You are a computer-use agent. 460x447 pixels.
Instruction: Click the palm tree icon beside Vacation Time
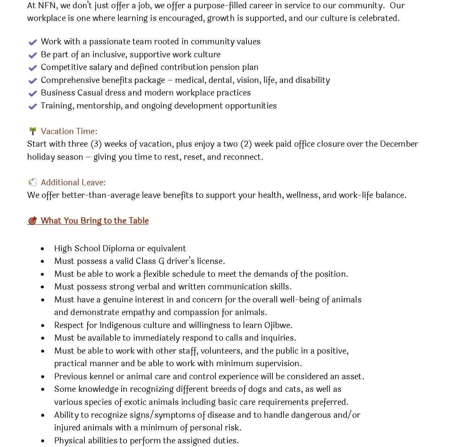tap(32, 131)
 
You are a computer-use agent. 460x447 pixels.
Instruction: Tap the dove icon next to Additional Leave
tap(32, 182)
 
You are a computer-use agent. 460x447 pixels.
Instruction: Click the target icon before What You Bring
tap(32, 221)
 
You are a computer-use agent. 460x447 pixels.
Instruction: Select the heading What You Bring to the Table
tap(95, 221)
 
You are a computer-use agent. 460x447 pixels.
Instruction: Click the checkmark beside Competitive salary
tap(32, 68)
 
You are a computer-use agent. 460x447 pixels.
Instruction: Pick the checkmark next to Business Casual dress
tap(32, 93)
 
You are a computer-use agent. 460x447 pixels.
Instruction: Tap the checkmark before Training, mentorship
tap(32, 106)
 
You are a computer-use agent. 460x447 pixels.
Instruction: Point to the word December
tap(399, 144)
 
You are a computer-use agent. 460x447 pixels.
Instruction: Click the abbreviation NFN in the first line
tap(47, 5)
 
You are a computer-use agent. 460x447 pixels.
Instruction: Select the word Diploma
tap(119, 248)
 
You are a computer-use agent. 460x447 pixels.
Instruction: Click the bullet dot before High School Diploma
tap(43, 249)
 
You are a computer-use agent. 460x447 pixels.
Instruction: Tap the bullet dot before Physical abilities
tap(43, 441)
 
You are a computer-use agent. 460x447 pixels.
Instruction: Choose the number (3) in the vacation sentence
tap(96, 144)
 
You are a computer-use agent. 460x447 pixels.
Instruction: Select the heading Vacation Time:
tap(69, 131)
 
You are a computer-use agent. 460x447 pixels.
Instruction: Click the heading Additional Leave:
tap(73, 182)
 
